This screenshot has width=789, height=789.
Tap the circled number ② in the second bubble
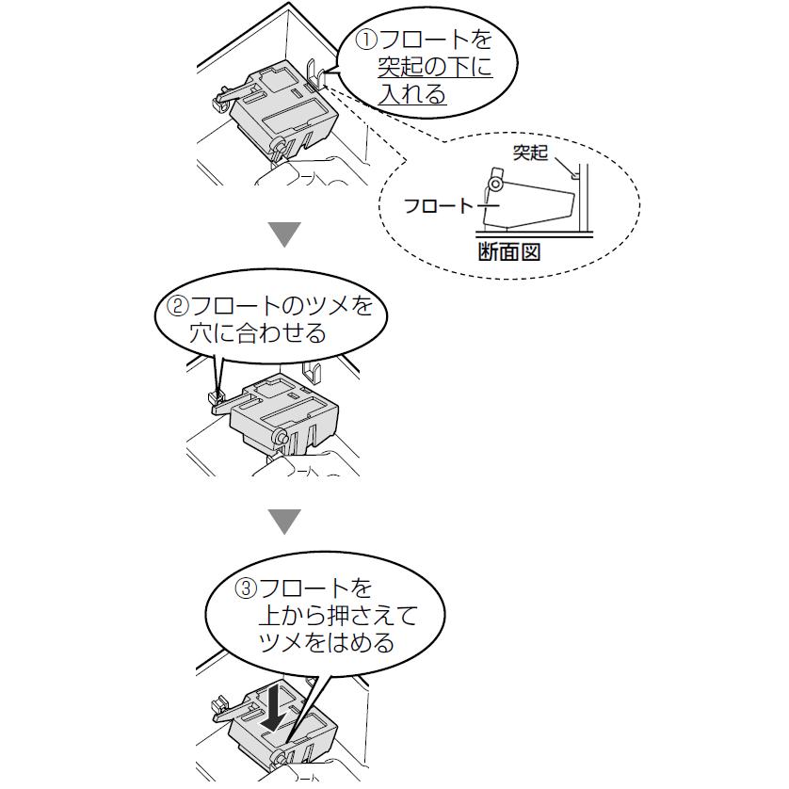click(178, 306)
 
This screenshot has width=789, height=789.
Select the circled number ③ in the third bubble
click(246, 590)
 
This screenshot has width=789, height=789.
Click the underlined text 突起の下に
click(434, 68)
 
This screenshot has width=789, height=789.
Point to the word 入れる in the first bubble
click(412, 94)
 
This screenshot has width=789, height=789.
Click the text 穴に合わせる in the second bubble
click(258, 333)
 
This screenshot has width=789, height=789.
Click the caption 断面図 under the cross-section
click(509, 252)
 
